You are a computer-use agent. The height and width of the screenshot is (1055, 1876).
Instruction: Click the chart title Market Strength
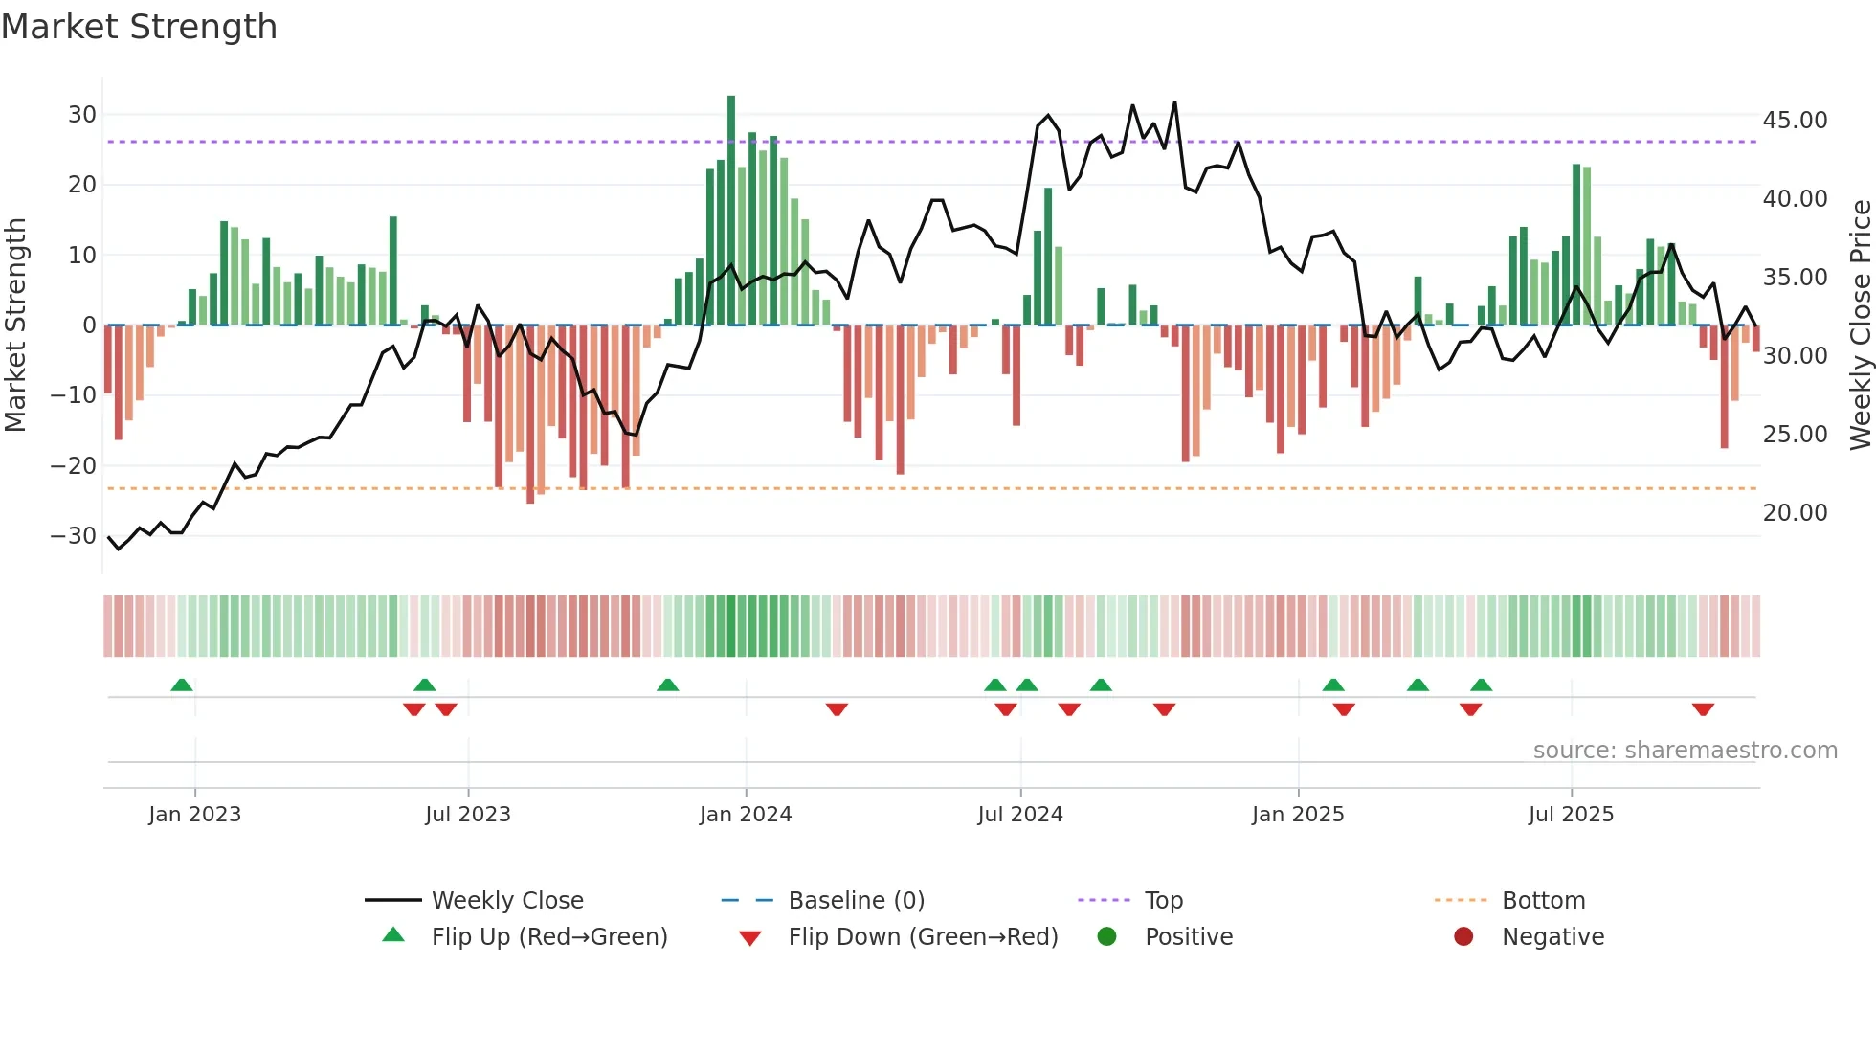click(139, 27)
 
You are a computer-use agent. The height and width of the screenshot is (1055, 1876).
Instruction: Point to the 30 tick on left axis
click(82, 115)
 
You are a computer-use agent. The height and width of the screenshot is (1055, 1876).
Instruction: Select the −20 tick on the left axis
click(74, 466)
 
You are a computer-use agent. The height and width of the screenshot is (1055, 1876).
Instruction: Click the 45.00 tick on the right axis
click(1795, 121)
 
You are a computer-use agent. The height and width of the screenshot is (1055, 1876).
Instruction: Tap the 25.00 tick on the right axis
click(1795, 435)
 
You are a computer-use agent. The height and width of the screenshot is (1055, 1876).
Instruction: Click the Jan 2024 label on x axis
click(746, 815)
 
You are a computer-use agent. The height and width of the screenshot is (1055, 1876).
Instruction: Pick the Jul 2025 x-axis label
click(1571, 815)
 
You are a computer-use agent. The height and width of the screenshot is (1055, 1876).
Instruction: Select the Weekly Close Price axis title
click(1860, 325)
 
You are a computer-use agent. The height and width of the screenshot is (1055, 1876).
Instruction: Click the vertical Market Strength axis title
click(15, 325)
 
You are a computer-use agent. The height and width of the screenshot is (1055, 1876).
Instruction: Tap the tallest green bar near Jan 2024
click(731, 211)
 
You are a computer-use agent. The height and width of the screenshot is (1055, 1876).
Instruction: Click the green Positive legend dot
click(1106, 937)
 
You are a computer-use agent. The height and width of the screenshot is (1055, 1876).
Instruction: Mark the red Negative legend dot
click(1463, 937)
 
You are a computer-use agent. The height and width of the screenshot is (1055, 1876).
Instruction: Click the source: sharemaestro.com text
click(1685, 751)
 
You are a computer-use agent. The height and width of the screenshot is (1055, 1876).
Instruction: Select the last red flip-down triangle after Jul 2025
click(1703, 709)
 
